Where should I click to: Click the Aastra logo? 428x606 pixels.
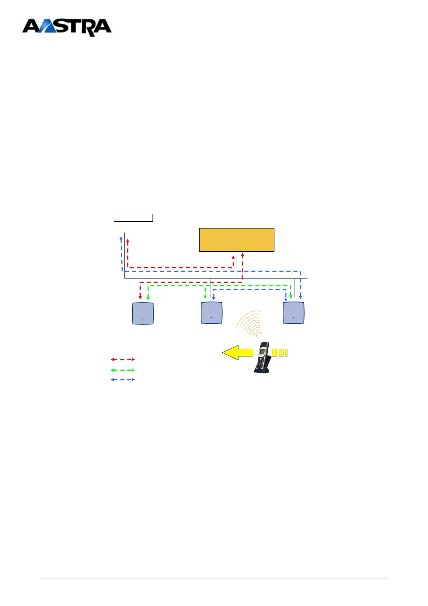click(67, 28)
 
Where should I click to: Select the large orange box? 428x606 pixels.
click(237, 240)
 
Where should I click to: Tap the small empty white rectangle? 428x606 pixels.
click(133, 217)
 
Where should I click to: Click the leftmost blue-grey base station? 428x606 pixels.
click(143, 313)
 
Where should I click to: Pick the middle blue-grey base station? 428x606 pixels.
click(211, 313)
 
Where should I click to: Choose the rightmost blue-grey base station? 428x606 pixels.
click(293, 313)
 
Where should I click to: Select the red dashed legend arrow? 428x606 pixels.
click(123, 359)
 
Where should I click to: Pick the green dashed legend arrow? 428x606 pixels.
click(123, 370)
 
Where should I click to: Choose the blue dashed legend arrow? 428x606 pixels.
click(123, 380)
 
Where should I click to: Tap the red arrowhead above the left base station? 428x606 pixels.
click(140, 297)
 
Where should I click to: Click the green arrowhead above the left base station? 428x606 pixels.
click(148, 298)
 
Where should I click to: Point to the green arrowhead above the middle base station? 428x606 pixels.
click(205, 297)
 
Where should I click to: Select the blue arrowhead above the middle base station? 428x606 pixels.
click(214, 298)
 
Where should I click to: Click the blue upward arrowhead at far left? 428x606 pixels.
click(121, 238)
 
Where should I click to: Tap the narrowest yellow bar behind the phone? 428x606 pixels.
click(286, 353)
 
